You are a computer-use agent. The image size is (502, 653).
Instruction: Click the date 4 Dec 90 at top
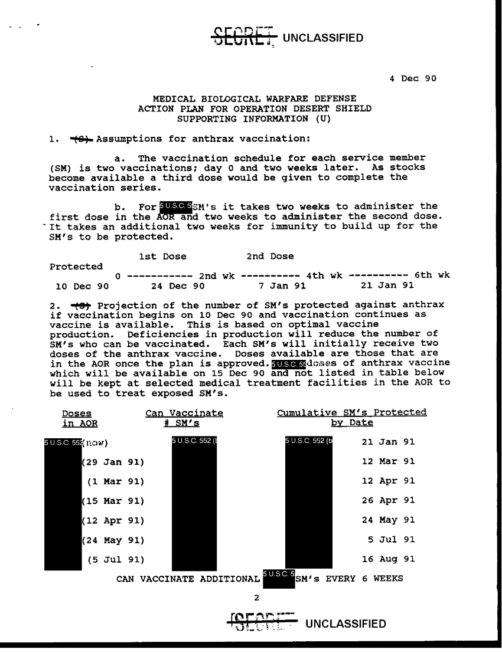pos(413,78)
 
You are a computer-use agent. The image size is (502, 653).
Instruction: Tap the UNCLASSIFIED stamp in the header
pos(322,38)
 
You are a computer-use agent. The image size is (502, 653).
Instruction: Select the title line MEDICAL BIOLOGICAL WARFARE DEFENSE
pos(255,99)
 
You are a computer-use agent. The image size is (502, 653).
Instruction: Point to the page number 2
pos(256,598)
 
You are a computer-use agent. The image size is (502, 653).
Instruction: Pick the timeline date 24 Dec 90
pos(178,286)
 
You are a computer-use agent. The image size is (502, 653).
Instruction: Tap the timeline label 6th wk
pos(432,275)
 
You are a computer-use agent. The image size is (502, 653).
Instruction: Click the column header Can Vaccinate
pos(184,413)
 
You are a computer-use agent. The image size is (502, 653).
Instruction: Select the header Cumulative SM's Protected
pos(351,413)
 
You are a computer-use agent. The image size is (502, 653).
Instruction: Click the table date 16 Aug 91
pos(388,559)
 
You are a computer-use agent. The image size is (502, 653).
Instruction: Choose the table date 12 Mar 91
pos(388,461)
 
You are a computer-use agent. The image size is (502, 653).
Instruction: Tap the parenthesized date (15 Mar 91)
pos(113,500)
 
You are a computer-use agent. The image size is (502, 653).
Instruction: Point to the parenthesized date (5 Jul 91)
pos(115,559)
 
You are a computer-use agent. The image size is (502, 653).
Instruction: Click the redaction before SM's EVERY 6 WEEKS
pos(278,578)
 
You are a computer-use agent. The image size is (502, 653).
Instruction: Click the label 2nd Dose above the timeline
pos(269,256)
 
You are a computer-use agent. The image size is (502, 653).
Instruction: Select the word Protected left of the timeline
pos(76,267)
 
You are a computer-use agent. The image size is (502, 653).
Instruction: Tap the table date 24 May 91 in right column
pos(388,520)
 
